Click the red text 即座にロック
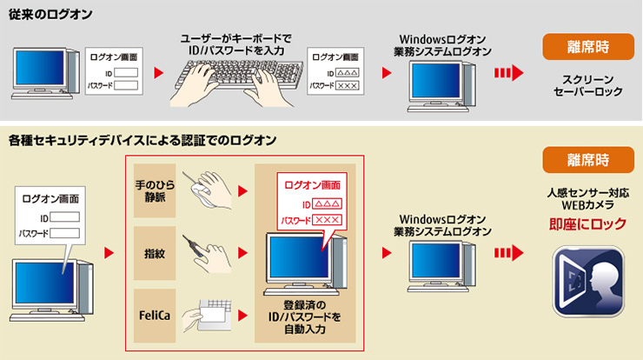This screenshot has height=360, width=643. click(x=588, y=224)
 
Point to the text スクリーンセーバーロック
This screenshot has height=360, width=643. click(x=588, y=84)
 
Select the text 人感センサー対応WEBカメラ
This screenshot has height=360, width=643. click(x=588, y=198)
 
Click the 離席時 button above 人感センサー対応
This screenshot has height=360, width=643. click(x=588, y=161)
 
